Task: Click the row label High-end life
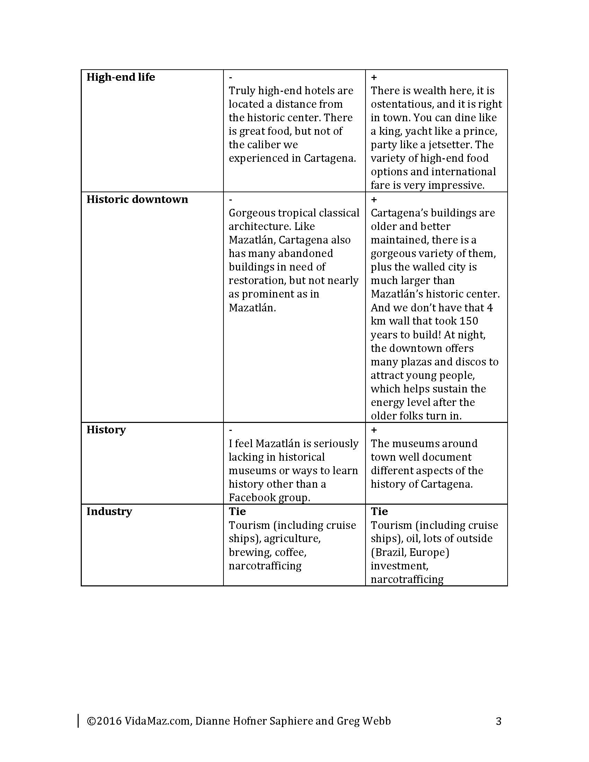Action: point(121,77)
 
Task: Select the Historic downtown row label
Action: point(137,199)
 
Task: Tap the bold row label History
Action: point(106,429)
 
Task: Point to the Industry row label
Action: point(109,511)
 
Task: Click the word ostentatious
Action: point(405,104)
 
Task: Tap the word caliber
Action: point(263,145)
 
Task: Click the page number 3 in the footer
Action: point(499,721)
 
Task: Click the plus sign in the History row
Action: point(374,430)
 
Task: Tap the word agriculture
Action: point(292,539)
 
